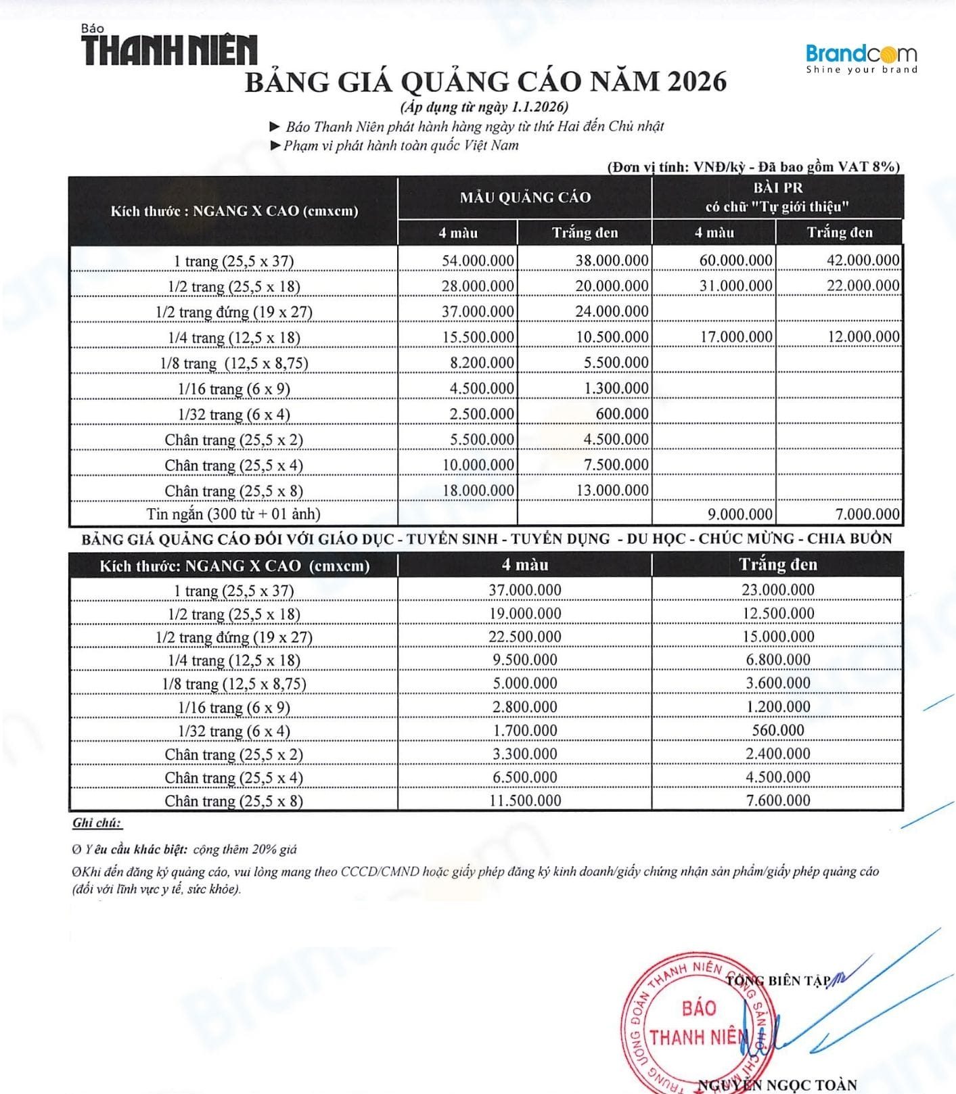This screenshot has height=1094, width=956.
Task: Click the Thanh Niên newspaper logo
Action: pos(169,47)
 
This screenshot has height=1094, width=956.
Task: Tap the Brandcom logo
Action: pos(861,58)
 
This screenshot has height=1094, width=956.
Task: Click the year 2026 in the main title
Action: pos(696,82)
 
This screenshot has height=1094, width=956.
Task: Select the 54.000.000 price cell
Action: pos(478,261)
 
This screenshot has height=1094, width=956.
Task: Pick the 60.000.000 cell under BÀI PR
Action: pos(735,260)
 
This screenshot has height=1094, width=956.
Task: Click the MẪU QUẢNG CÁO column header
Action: pos(525,198)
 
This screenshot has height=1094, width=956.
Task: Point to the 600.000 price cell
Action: pos(622,414)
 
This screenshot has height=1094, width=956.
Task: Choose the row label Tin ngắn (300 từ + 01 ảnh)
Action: pos(233,514)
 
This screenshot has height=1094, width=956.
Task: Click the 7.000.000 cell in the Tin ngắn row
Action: pos(867,514)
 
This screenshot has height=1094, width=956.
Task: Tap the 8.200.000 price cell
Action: pos(482,363)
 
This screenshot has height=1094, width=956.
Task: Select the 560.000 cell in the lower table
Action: pos(778,731)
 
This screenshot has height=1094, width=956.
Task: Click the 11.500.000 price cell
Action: pos(525,801)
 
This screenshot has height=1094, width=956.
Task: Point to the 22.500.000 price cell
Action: pos(525,637)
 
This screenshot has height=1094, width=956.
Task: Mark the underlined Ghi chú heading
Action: pos(97,823)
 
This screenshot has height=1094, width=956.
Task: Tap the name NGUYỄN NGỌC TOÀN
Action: pos(777,1085)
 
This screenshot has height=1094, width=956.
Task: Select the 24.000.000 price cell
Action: pos(612,312)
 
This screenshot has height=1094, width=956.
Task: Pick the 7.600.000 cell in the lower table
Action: pos(778,801)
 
